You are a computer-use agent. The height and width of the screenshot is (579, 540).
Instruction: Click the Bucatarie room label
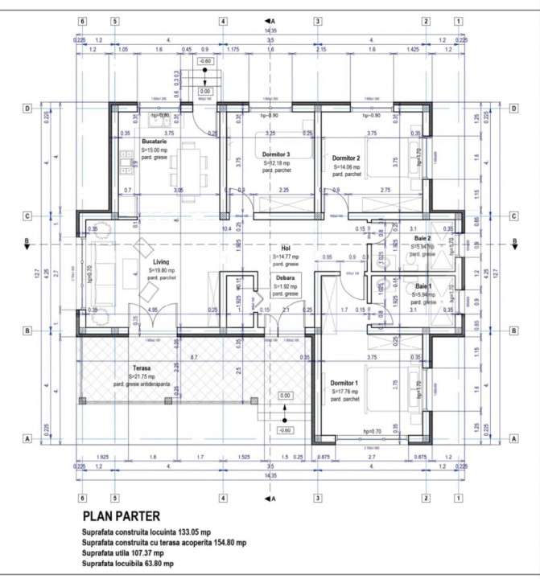[x=154, y=142]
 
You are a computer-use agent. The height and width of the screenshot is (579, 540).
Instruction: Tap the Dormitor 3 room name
[x=276, y=154]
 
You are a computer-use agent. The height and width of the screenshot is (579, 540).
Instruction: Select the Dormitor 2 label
[x=346, y=158]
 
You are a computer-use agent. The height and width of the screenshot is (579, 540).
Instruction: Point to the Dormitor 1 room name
[x=344, y=383]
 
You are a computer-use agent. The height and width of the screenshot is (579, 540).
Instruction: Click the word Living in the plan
[x=161, y=262]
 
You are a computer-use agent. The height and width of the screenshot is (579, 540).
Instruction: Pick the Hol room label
[x=285, y=248]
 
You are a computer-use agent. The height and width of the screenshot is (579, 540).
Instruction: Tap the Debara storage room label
[x=282, y=277]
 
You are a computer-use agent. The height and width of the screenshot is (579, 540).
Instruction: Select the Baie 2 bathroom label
[x=423, y=239]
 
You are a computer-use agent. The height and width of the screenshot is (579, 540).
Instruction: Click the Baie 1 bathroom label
[x=423, y=286]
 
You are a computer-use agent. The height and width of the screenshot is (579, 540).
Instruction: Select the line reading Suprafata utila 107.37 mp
[x=122, y=552]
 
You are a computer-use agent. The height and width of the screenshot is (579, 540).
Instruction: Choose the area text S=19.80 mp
[x=164, y=271]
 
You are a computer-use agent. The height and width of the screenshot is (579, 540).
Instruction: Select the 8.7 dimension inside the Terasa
[x=194, y=356]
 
